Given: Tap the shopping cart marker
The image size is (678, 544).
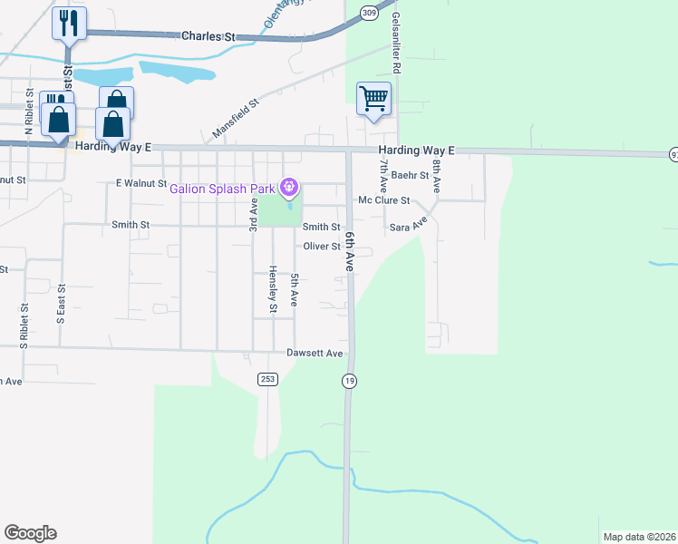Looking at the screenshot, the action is pyautogui.click(x=373, y=98).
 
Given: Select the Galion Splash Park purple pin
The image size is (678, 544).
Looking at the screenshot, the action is pyautogui.click(x=289, y=188).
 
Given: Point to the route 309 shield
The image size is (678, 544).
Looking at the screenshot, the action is pyautogui.click(x=368, y=12).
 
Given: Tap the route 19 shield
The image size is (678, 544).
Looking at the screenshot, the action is pyautogui.click(x=349, y=381).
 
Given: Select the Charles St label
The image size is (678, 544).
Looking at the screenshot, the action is pyautogui.click(x=208, y=36).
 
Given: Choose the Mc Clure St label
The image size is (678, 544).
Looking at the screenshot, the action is pyautogui.click(x=384, y=200).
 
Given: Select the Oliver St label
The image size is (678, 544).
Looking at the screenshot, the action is pyautogui.click(x=321, y=247).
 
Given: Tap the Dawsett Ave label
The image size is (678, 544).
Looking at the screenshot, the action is pyautogui.click(x=315, y=353).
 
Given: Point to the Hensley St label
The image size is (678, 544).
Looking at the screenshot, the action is pyautogui.click(x=272, y=290).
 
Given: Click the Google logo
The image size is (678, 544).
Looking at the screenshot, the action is pyautogui.click(x=30, y=533).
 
